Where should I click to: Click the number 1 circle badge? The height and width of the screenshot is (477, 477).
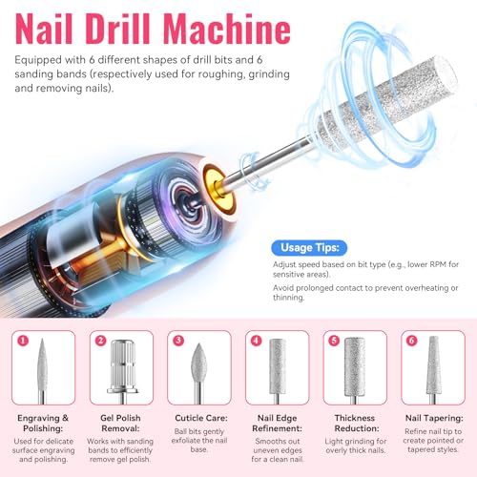(x=22, y=339)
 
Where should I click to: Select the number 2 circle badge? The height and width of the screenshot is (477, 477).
(x=99, y=339)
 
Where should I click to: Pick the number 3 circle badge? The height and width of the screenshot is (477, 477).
(x=176, y=339)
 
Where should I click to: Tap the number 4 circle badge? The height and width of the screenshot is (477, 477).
(x=254, y=339)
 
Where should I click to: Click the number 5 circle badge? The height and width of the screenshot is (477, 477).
(x=331, y=339)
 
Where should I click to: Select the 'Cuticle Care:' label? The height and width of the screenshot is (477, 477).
(x=198, y=416)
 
